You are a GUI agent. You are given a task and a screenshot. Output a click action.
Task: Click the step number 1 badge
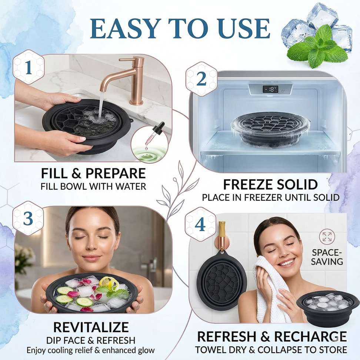pos(28,67)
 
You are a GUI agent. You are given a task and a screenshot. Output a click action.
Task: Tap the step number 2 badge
pos(201,79)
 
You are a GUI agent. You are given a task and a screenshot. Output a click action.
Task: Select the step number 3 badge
pos(28,219)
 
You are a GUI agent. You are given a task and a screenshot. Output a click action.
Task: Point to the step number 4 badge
pos(200,224)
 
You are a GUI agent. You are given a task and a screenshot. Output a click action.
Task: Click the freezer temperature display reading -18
pos(270,89)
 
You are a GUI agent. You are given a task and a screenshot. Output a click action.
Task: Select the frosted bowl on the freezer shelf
pos(270,130)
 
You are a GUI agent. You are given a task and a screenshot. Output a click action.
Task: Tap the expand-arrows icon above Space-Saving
pos(327,237)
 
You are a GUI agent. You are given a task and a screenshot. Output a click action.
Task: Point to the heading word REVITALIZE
pos(91,327)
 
